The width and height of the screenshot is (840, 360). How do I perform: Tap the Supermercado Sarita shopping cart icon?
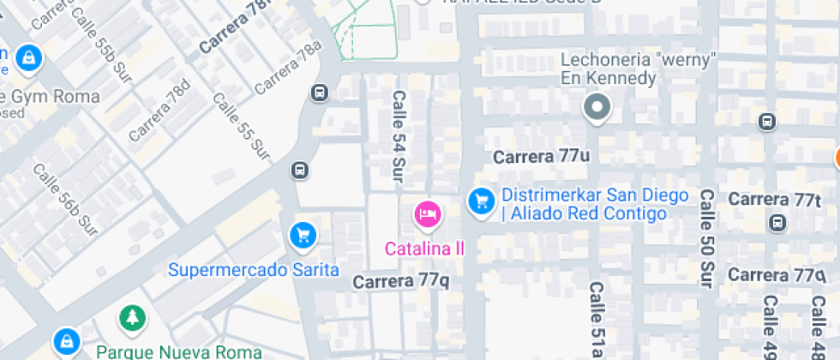pyautogui.click(x=301, y=234)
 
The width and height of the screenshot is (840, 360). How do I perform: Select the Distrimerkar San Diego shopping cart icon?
pyautogui.click(x=482, y=201)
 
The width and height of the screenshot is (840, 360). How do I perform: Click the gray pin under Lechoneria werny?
pyautogui.click(x=597, y=108)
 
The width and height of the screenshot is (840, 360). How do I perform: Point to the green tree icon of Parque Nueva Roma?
pyautogui.click(x=132, y=318)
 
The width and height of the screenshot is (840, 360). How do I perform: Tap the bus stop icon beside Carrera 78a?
pyautogui.click(x=320, y=93)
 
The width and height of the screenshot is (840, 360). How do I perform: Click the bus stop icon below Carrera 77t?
pyautogui.click(x=777, y=223)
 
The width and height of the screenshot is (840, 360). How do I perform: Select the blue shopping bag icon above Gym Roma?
pyautogui.click(x=29, y=57)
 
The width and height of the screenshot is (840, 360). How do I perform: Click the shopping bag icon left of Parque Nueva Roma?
pyautogui.click(x=65, y=342)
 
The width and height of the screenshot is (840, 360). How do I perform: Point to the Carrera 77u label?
pyautogui.click(x=541, y=157)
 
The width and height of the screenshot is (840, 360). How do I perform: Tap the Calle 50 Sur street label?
pyautogui.click(x=706, y=237)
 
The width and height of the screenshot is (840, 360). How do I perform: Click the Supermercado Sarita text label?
pyautogui.click(x=253, y=270)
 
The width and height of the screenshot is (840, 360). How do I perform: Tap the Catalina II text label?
pyautogui.click(x=424, y=249)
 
